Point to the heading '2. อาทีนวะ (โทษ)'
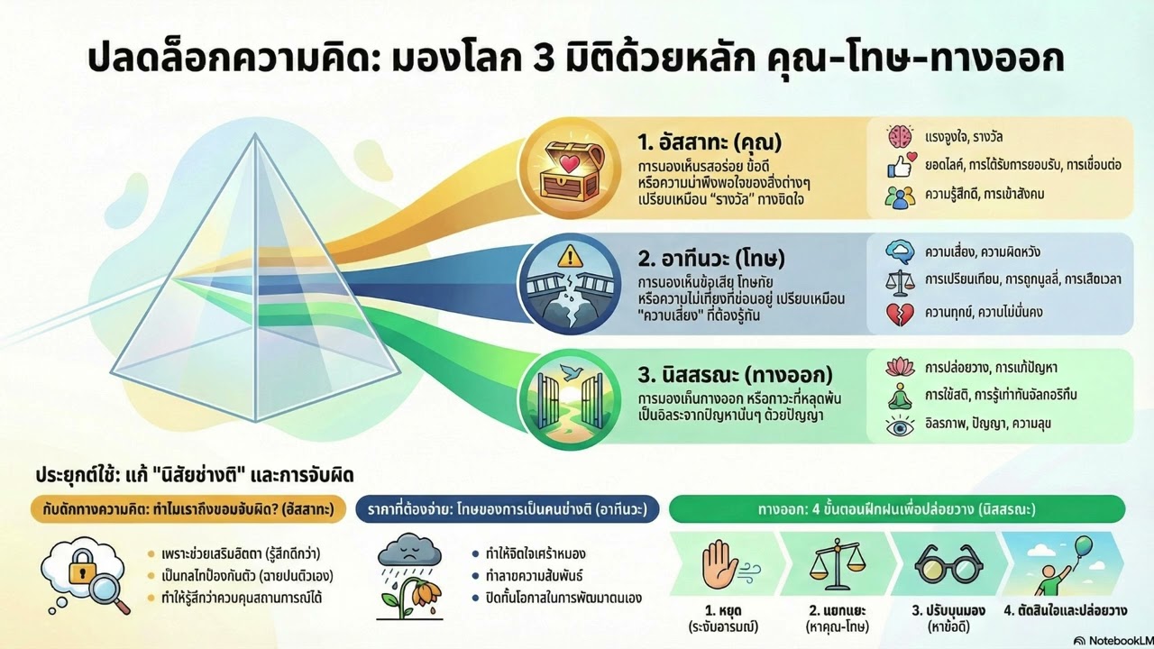coord(711,260)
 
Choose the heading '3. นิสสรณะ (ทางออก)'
coord(734,374)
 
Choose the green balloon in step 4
coord(1083,546)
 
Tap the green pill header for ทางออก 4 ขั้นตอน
coord(895,509)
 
